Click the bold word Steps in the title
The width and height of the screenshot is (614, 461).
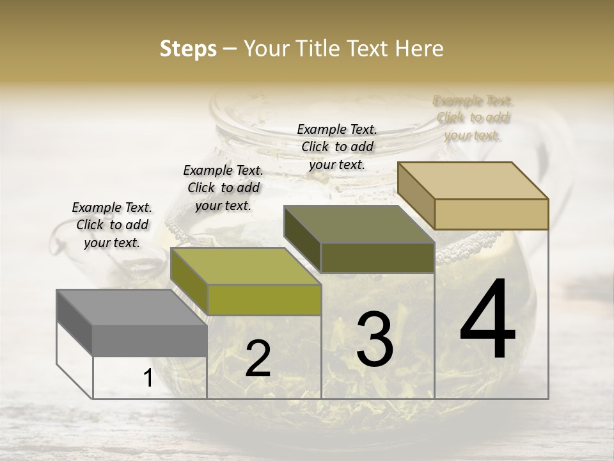(188, 49)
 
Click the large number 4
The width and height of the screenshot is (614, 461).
(487, 319)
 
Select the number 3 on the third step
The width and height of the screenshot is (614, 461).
(375, 339)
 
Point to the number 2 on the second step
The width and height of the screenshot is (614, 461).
(258, 359)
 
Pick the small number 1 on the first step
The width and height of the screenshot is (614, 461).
(148, 378)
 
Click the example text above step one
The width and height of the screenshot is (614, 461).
(112, 225)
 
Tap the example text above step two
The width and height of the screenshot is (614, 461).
(223, 188)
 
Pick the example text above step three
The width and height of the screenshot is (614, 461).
(337, 147)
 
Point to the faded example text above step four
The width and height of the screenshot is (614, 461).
(473, 118)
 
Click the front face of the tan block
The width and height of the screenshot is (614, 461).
(491, 214)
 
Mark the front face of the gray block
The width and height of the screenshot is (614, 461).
(150, 340)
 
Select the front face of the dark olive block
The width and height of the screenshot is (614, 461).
(377, 257)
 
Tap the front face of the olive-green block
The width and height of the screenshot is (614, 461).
(264, 300)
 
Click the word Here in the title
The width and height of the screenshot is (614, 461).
(420, 49)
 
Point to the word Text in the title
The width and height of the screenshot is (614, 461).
(370, 49)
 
